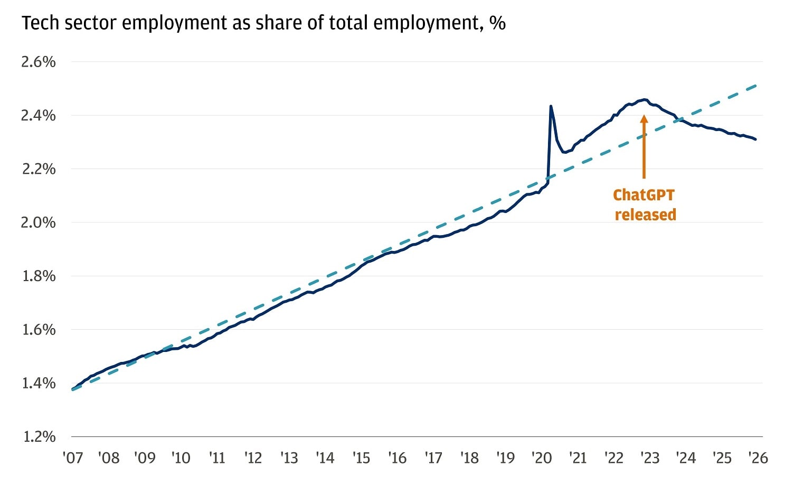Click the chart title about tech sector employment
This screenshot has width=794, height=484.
[x=263, y=23]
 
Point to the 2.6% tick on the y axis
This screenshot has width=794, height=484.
[x=38, y=62]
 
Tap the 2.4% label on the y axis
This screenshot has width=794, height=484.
[x=38, y=115]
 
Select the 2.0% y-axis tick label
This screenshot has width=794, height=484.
[x=38, y=222]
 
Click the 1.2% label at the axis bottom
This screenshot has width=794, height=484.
[x=38, y=436]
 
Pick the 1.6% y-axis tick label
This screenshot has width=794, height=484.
[x=38, y=330]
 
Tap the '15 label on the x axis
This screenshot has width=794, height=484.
[x=361, y=458]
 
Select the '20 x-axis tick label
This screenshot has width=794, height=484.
[x=542, y=458]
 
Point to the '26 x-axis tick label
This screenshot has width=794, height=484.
[x=758, y=458]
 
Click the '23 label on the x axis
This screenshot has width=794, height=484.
[x=650, y=458]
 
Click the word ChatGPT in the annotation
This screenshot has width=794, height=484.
[x=644, y=195]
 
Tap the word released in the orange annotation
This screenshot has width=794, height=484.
[x=645, y=215]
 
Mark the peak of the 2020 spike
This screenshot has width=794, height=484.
[x=551, y=106]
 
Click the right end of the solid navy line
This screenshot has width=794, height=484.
[x=756, y=139]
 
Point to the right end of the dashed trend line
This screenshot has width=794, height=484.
[x=758, y=85]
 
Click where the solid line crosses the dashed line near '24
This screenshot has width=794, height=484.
[x=679, y=120]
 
